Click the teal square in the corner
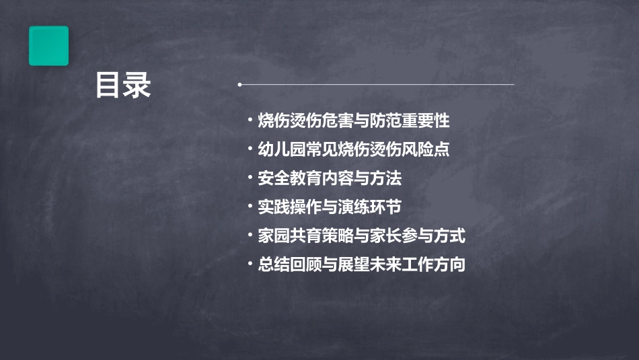pyautogui.click(x=48, y=46)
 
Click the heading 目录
pyautogui.click(x=122, y=86)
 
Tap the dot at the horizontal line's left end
pyautogui.click(x=239, y=85)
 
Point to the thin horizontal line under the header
pyautogui.click(x=377, y=85)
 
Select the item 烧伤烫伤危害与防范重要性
pyautogui.click(x=354, y=121)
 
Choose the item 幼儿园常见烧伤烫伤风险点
pyautogui.click(x=354, y=149)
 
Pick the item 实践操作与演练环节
pyautogui.click(x=330, y=207)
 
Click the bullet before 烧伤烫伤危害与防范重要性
pyautogui.click(x=250, y=121)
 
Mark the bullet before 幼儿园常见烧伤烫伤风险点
pyautogui.click(x=250, y=149)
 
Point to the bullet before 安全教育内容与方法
pyautogui.click(x=250, y=178)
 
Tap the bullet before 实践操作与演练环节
pyautogui.click(x=250, y=207)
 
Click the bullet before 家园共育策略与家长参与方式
pyautogui.click(x=250, y=236)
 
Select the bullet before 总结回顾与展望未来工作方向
pyautogui.click(x=250, y=264)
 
